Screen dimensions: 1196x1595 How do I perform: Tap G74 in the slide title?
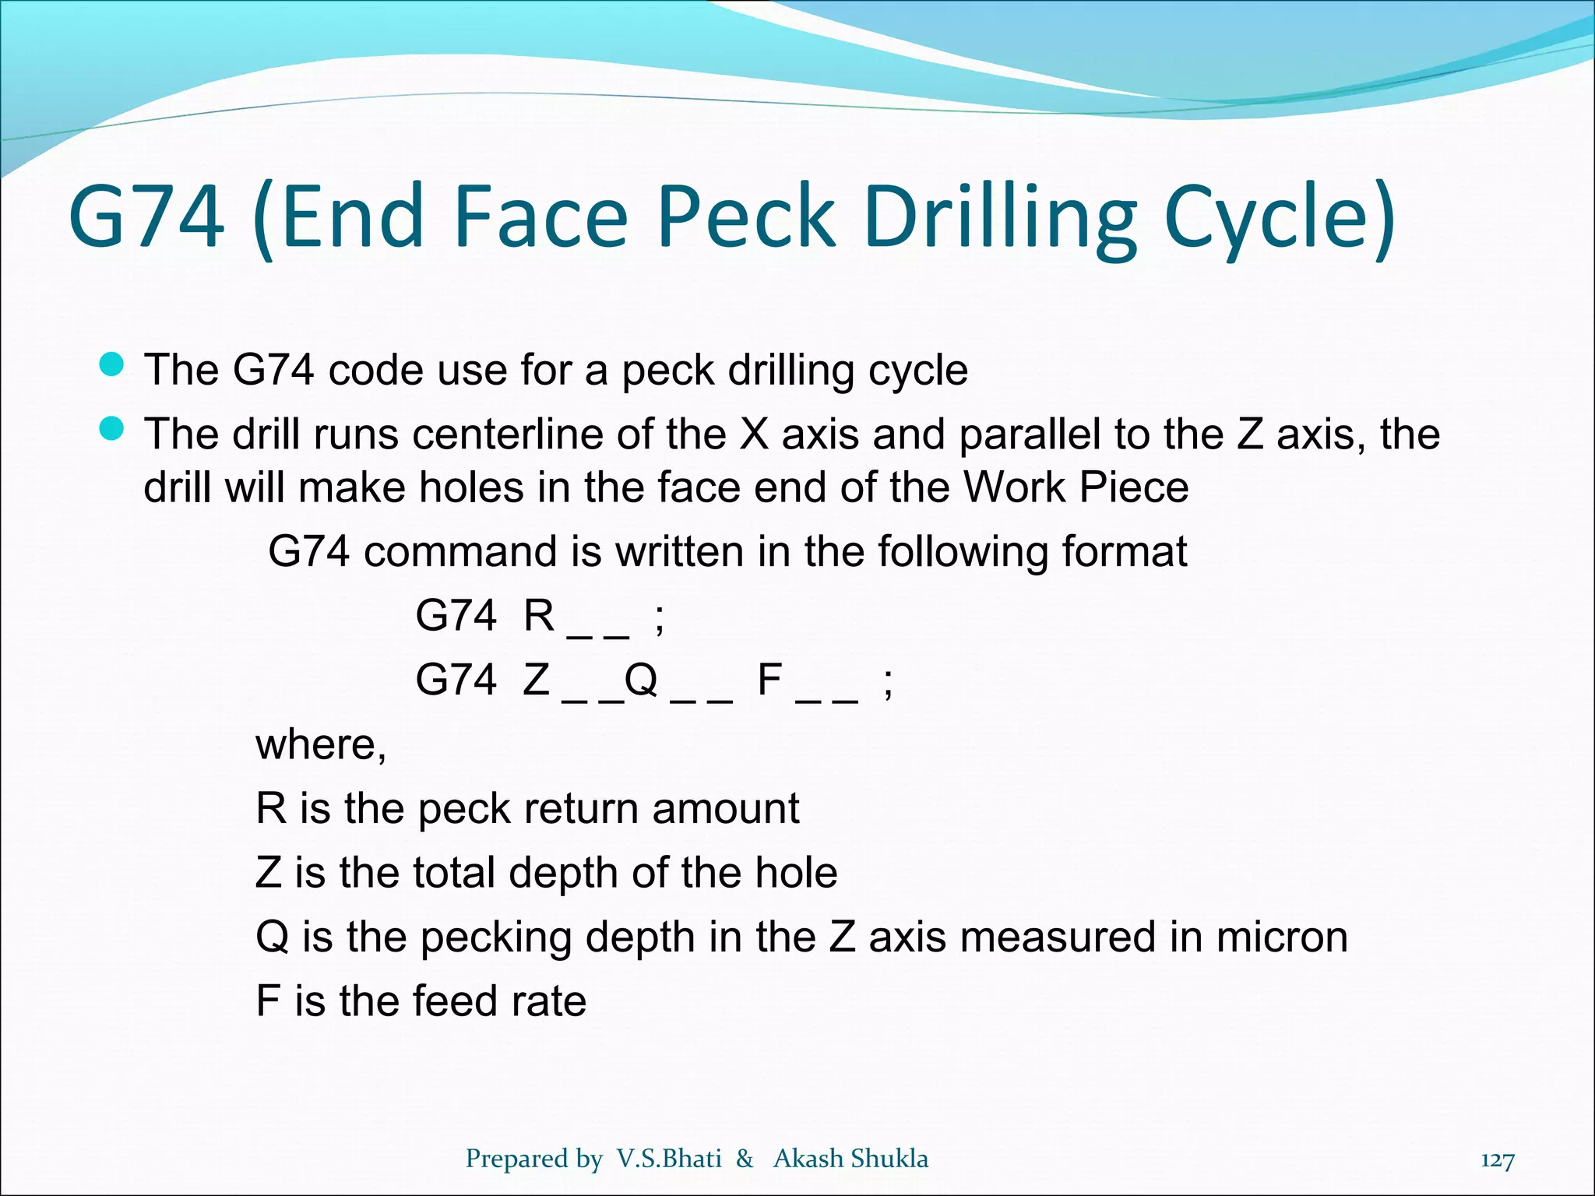click(147, 216)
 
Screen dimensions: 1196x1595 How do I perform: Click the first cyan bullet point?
click(112, 364)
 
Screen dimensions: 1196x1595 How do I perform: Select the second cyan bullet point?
click(112, 429)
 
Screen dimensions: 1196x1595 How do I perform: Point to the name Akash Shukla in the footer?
click(850, 1159)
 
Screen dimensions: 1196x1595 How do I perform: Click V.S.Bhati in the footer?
click(669, 1159)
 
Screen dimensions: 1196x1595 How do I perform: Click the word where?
click(321, 744)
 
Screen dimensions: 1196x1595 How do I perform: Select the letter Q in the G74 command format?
click(641, 680)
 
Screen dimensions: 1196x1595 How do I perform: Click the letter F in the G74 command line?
click(769, 680)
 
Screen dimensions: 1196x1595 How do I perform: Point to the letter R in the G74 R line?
click(539, 616)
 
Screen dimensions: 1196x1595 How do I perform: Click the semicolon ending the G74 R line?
click(660, 619)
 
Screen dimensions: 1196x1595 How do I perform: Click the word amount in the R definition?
click(726, 808)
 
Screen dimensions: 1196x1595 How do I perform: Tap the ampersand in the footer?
click(745, 1159)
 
